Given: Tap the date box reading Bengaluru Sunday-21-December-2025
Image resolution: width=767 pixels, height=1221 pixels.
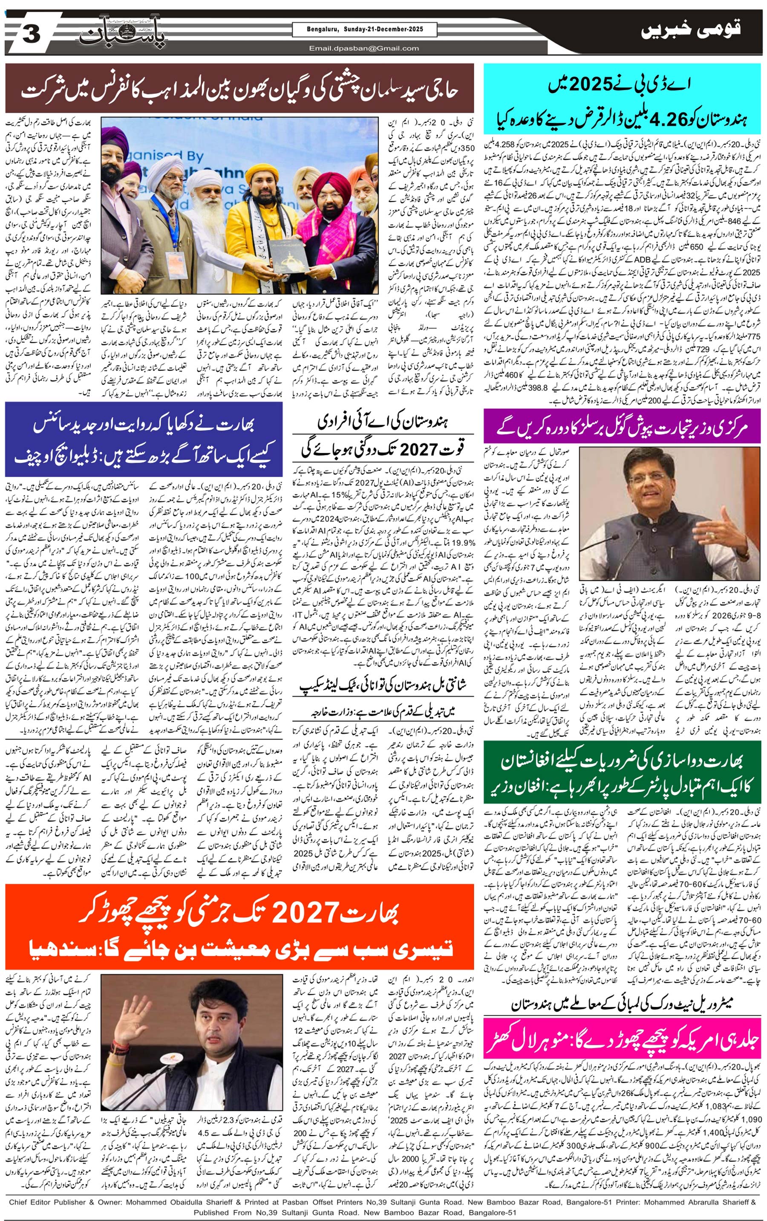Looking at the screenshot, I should pyautogui.click(x=364, y=29).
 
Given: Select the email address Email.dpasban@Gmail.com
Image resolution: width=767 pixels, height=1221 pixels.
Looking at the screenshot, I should pyautogui.click(x=364, y=48).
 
